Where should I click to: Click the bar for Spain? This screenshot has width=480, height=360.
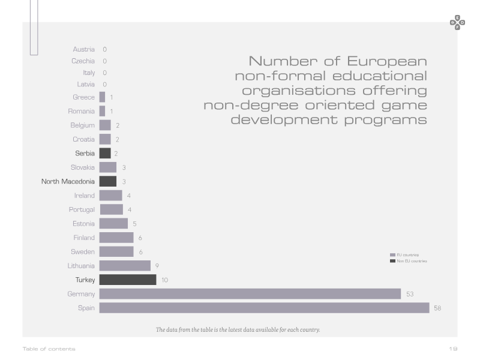(x=264, y=308)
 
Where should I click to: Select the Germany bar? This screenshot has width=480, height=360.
(x=250, y=294)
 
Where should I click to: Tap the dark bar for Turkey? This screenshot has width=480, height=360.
(x=128, y=280)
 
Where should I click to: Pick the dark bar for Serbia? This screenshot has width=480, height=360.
(x=105, y=154)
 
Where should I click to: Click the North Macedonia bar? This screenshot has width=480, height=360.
(x=108, y=182)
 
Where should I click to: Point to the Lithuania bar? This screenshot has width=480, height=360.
(x=125, y=266)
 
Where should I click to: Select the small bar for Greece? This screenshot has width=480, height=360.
(x=102, y=97)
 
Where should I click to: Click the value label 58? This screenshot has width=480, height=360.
(x=437, y=308)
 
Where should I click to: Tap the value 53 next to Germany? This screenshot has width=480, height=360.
(x=410, y=294)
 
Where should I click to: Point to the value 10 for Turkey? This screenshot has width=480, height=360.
(x=164, y=280)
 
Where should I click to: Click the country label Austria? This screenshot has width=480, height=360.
(x=83, y=49)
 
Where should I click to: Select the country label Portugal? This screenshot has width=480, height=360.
(x=82, y=209)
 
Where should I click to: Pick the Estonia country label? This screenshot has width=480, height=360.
(x=83, y=224)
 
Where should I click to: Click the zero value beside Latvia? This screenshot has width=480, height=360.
(x=104, y=85)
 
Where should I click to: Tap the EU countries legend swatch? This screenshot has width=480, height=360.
(x=392, y=255)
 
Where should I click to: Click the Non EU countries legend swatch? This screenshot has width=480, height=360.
(x=392, y=261)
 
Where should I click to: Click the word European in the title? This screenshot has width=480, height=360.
(x=387, y=62)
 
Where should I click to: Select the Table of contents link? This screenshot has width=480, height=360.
(x=49, y=349)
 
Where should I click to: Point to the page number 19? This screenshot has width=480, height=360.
(x=454, y=349)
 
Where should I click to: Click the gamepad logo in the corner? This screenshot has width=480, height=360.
(x=457, y=23)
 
